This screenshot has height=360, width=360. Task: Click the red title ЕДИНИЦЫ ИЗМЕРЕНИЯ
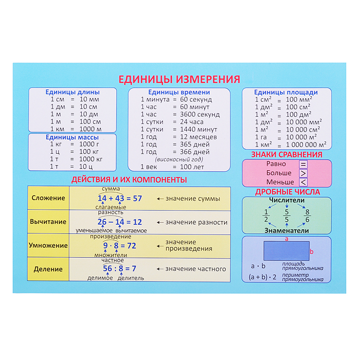(179, 79)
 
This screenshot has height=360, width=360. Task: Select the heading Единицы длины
(73, 92)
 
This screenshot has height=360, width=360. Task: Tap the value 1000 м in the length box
(91, 129)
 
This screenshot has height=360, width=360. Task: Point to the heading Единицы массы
(72, 137)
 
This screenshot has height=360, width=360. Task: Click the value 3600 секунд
(200, 114)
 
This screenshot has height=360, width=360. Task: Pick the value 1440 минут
(199, 130)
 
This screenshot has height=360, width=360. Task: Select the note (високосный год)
(179, 159)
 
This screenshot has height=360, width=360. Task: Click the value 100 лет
(192, 167)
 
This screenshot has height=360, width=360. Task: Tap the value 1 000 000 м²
(306, 145)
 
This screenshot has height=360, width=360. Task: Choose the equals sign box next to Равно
(303, 165)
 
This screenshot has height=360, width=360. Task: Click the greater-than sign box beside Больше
(303, 173)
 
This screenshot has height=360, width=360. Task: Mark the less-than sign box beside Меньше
(303, 182)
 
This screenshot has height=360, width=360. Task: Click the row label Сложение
(48, 198)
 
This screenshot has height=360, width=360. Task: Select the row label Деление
(48, 269)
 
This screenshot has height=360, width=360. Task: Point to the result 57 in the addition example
(137, 199)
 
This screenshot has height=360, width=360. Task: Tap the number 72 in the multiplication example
(132, 246)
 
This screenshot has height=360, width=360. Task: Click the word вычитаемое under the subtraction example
(131, 231)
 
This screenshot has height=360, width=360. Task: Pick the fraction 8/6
(307, 216)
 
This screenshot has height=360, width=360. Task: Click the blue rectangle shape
(286, 251)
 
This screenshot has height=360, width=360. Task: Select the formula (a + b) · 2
(262, 277)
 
